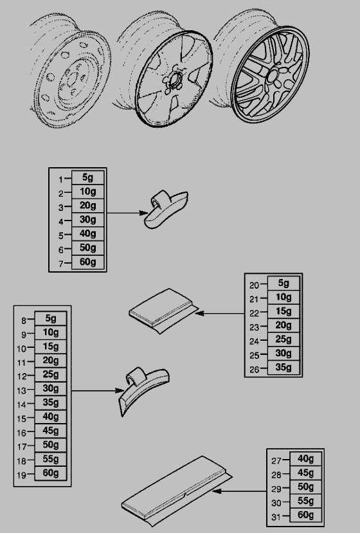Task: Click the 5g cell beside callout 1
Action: [87, 177]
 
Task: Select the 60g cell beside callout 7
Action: [87, 262]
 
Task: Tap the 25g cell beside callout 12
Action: [51, 375]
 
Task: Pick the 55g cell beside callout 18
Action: [51, 459]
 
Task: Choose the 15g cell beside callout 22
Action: [283, 311]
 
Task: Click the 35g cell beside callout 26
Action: [283, 368]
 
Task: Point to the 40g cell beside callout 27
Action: [305, 459]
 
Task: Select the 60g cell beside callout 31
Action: [305, 515]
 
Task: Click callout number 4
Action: [61, 222]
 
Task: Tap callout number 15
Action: [21, 419]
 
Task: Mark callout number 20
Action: [255, 285]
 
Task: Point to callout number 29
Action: [276, 489]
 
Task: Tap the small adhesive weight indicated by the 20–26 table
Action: [163, 311]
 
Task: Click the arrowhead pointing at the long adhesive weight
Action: [217, 491]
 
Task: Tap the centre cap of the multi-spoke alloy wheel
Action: [272, 76]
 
